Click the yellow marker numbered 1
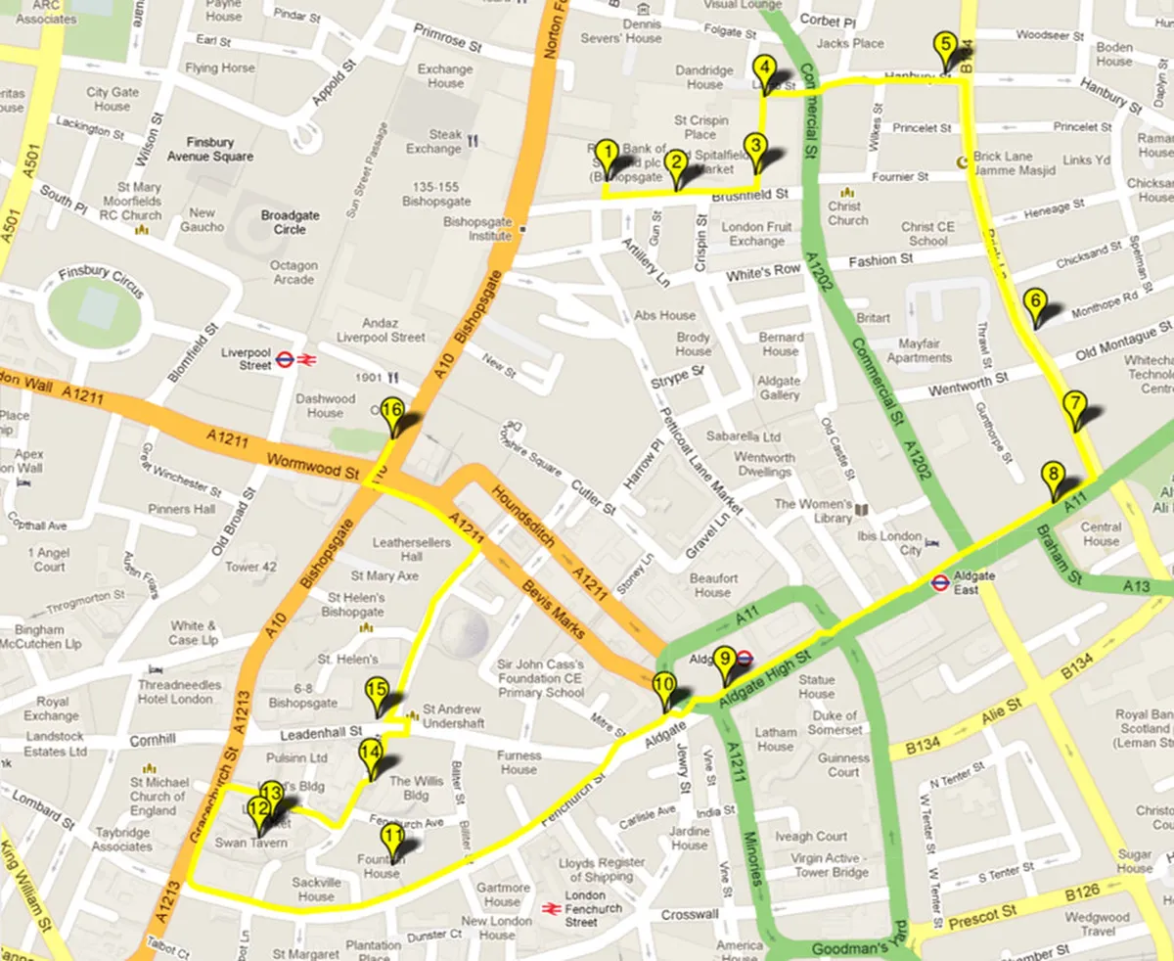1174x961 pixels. coord(607,155)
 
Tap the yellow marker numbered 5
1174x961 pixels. coord(944,46)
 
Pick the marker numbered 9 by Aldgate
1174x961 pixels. coord(723,662)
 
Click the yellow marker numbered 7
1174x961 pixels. coord(1073,404)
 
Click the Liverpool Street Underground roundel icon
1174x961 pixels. coord(285,359)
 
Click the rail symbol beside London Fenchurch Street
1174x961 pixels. coord(551,908)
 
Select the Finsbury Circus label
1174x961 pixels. coord(102,280)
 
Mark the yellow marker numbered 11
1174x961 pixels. coord(391,838)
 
